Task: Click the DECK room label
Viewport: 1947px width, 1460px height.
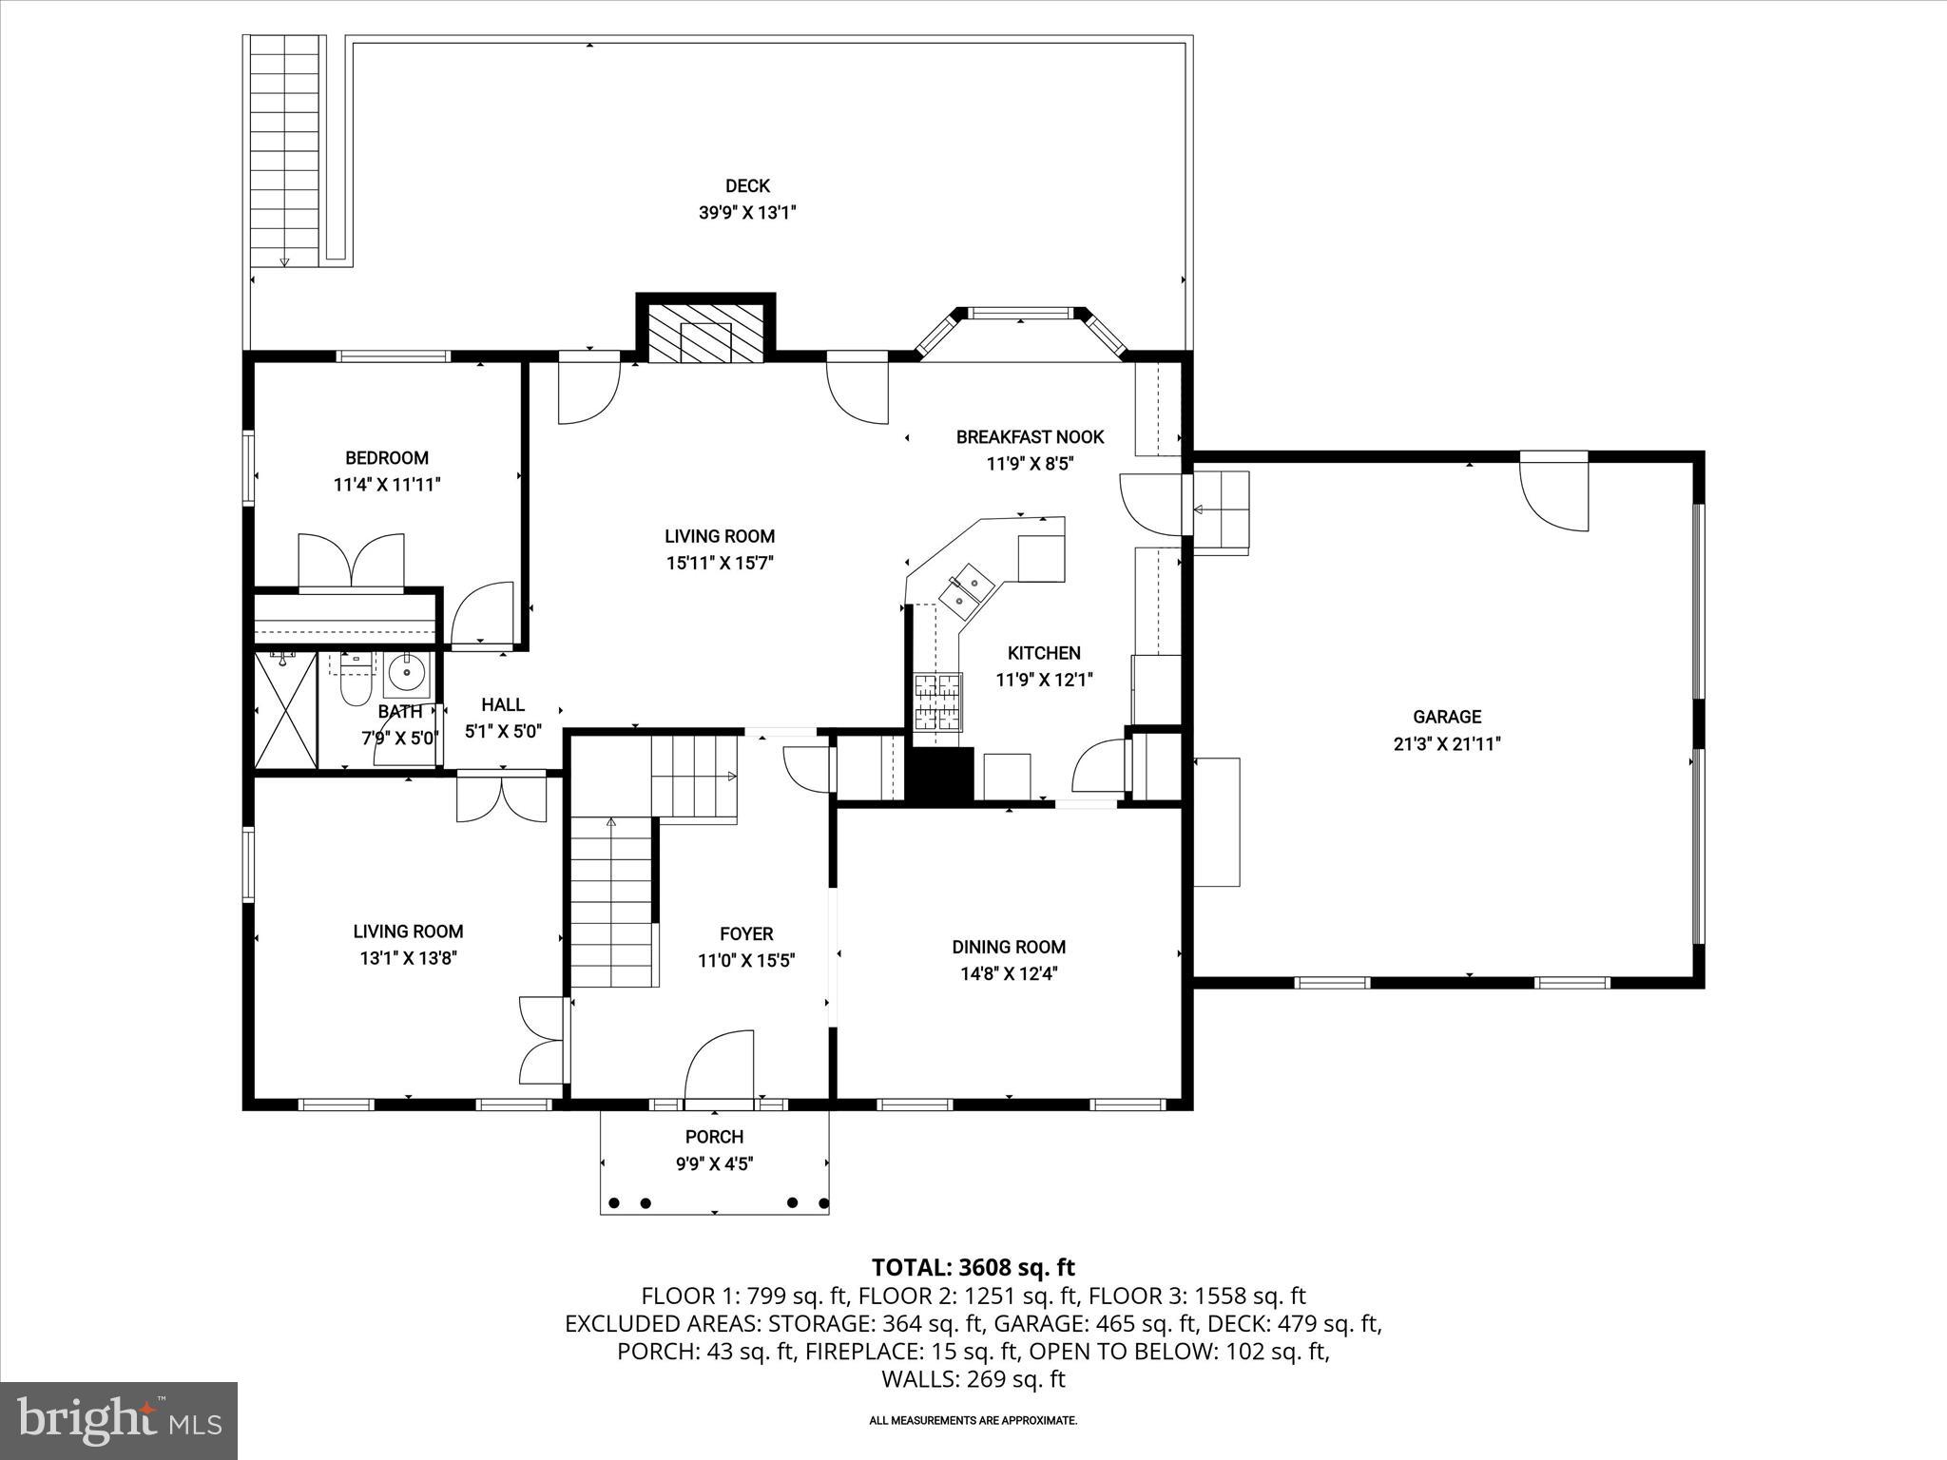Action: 747,186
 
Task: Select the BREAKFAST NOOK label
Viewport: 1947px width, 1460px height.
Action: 1030,437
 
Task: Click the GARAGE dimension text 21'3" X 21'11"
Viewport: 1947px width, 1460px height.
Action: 1446,743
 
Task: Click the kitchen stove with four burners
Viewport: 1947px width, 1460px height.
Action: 937,702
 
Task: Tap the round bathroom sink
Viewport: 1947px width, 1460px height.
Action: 408,674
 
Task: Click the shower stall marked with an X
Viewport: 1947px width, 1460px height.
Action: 286,710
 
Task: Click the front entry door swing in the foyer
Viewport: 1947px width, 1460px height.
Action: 720,1066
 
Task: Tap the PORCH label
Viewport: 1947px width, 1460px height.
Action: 714,1137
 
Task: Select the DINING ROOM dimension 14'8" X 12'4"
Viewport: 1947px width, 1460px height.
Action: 1008,973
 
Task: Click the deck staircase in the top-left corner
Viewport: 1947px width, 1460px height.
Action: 284,152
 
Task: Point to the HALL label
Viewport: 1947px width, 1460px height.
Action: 502,704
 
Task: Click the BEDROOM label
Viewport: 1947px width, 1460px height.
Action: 386,458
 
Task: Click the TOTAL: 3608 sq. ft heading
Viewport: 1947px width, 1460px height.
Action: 973,1267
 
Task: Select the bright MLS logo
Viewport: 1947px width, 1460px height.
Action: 119,1420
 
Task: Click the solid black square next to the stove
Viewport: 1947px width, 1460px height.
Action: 939,775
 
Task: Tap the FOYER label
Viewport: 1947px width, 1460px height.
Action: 746,934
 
